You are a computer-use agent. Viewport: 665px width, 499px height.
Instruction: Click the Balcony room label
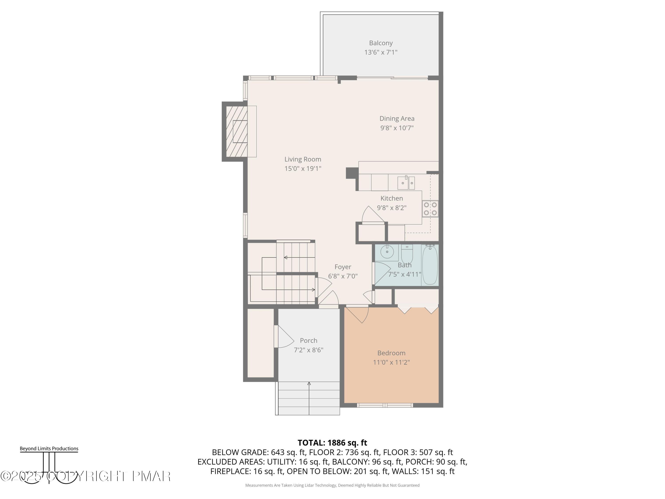point(381,43)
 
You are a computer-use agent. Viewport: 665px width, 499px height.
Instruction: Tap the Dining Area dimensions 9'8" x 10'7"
point(397,128)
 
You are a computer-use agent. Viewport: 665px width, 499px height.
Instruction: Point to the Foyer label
point(343,267)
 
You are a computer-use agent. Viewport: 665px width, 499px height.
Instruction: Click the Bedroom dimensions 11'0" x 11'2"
point(391,362)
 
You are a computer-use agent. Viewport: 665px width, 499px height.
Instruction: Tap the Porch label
point(309,340)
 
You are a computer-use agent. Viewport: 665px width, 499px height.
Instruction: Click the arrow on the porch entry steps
point(309,384)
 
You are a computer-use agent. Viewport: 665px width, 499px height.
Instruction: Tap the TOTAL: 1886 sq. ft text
point(332,443)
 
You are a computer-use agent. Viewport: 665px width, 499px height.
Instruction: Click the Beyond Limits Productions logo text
point(49,448)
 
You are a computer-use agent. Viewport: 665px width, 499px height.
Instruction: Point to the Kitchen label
point(391,198)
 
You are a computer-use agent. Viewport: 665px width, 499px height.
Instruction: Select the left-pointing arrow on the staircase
point(286,257)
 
